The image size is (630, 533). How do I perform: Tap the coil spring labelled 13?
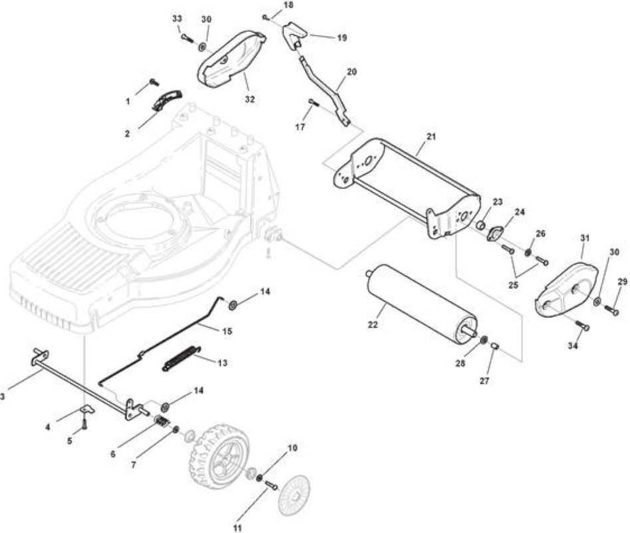181,358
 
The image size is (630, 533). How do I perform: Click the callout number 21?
430,137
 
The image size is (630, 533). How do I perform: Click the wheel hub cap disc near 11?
295,494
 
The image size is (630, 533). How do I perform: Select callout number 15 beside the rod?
227,332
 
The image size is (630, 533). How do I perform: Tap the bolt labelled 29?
611,310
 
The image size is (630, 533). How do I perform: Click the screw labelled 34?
583,325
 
